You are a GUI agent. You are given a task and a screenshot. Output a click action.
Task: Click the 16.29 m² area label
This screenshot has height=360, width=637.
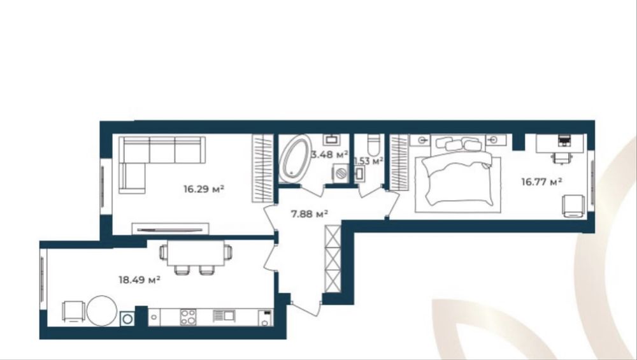204,189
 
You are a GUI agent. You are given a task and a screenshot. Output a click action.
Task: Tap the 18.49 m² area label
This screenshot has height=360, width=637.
139,280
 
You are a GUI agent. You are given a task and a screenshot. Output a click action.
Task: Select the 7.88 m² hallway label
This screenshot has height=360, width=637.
310,213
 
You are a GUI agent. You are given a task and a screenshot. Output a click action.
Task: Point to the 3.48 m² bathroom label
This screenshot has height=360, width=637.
329,154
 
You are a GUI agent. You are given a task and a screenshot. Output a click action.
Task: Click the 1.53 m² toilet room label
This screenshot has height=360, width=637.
368,161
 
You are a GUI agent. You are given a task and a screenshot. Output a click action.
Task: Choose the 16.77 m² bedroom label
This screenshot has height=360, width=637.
541,182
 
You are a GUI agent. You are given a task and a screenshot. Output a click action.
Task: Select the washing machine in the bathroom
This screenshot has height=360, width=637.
340,173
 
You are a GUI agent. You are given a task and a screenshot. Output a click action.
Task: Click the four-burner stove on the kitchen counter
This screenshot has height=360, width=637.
188,317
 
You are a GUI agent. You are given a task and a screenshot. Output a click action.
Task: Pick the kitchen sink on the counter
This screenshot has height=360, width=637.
224,316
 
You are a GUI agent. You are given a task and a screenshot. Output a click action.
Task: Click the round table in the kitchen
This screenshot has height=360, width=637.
102,310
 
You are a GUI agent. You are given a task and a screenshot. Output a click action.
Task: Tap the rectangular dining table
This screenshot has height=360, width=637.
196,253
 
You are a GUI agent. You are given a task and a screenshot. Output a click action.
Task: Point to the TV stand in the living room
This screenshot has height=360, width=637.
170,229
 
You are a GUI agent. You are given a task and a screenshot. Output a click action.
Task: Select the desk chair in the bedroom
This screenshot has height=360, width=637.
562,157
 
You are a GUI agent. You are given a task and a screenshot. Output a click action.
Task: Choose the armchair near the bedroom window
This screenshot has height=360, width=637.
574,206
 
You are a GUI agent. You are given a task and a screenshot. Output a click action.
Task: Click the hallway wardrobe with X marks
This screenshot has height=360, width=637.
333,259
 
